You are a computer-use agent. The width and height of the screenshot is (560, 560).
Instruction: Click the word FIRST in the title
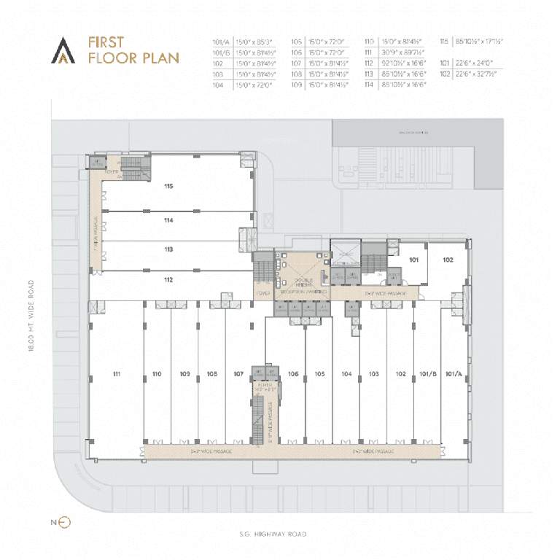(x=104, y=42)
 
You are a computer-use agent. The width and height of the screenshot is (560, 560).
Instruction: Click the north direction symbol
(x=63, y=522)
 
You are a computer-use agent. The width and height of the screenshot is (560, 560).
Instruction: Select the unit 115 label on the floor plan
(x=168, y=187)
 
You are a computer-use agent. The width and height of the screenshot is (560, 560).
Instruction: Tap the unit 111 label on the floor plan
(x=117, y=374)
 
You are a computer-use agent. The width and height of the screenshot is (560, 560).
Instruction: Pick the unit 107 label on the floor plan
(x=238, y=374)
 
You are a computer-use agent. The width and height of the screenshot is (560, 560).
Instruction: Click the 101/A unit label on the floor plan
(x=454, y=374)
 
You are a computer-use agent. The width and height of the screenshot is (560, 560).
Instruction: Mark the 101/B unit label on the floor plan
(x=427, y=374)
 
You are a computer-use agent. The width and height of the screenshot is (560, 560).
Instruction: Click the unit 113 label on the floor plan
(x=168, y=249)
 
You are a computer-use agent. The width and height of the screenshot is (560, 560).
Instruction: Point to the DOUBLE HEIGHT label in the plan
(x=302, y=280)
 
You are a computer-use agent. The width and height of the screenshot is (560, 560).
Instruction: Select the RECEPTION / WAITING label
(x=302, y=292)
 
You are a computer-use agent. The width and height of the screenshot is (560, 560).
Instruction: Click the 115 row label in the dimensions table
(x=445, y=42)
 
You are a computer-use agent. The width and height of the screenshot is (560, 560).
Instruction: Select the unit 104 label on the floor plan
(x=346, y=374)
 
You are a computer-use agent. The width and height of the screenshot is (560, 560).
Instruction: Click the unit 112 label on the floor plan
(x=168, y=280)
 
